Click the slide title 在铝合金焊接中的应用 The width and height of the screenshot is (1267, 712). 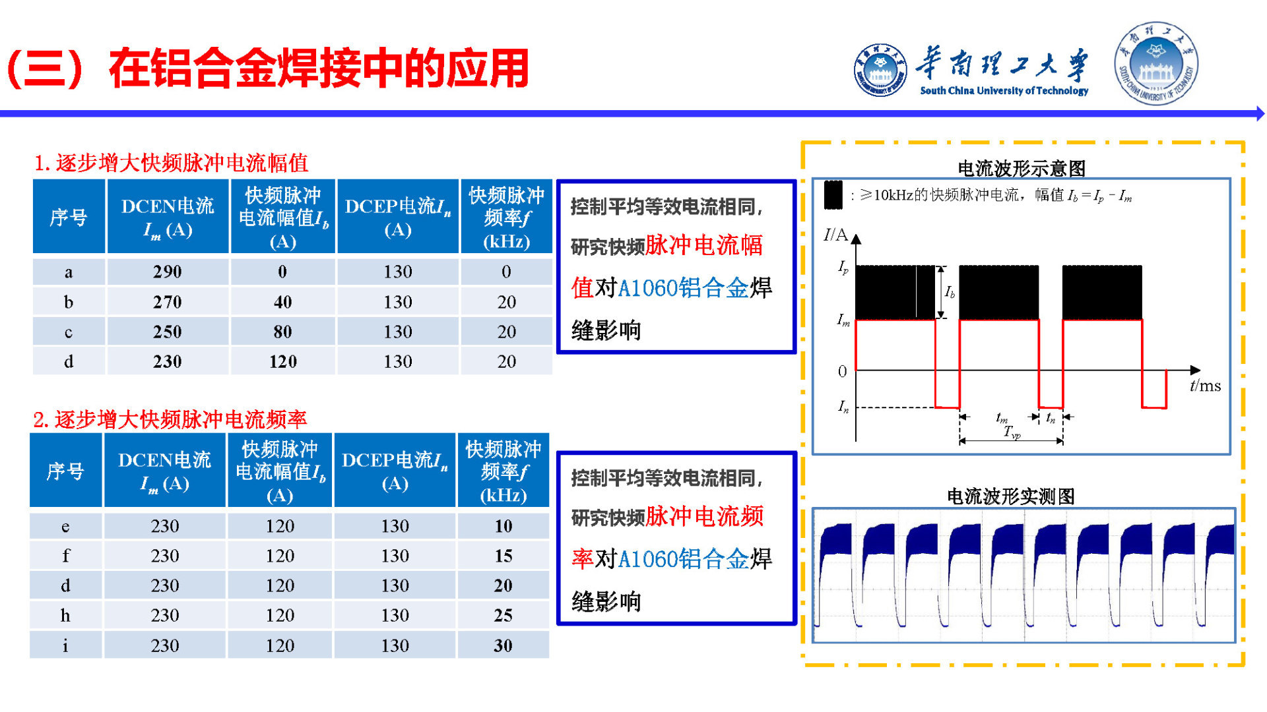point(319,68)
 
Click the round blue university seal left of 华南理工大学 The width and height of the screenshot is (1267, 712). point(880,70)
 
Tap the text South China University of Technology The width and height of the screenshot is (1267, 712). point(1004,91)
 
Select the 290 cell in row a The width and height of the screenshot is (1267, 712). point(168,272)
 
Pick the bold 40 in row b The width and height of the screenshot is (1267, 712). point(282,302)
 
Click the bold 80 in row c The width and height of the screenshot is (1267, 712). point(282,332)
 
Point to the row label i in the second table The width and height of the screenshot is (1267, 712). point(65,645)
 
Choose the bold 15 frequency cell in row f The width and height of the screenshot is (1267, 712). point(504,556)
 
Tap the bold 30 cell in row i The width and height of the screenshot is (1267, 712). point(504,645)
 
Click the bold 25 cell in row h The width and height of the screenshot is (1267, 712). point(504,615)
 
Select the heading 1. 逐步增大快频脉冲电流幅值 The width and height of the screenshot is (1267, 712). point(171,163)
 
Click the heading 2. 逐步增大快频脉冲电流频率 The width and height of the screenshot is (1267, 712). point(170,419)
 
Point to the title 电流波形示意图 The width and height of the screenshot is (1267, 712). point(1021,169)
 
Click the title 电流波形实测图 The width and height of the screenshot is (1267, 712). point(1010,496)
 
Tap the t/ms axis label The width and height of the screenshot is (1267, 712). point(1205,386)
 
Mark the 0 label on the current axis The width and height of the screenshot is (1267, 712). point(842,371)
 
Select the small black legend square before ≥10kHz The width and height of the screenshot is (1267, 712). point(833,195)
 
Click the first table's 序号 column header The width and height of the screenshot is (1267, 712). point(69,217)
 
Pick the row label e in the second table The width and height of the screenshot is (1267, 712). point(65,526)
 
